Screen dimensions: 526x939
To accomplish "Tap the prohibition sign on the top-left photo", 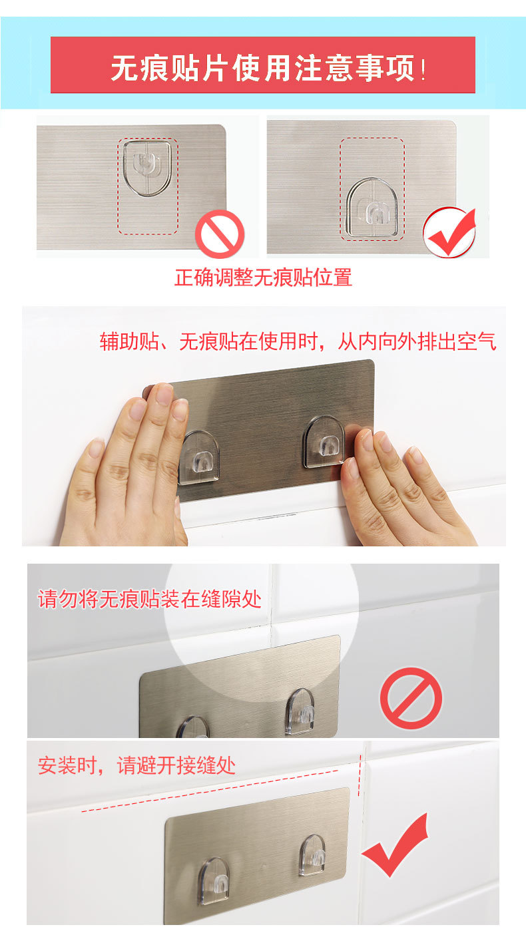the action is pos(220,234).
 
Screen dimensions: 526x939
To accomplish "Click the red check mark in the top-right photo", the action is pos(449,232).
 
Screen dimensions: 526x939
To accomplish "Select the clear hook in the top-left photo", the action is pos(146,168).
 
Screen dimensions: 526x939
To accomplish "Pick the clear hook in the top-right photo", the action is pos(372,207).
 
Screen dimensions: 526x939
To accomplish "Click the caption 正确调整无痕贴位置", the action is pos(263,278).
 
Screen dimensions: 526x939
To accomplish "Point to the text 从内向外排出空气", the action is pos(417,341).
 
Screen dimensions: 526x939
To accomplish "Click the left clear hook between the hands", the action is pos(199,457).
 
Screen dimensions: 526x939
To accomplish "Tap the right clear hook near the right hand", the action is pos(324,442).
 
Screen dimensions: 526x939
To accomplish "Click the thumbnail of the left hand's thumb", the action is pos(96,447).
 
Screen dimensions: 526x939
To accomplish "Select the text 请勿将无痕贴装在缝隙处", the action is pos(149,599).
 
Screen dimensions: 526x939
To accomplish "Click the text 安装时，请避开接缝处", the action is pos(136,765).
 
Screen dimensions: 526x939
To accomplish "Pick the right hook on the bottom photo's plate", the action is pos(312,854).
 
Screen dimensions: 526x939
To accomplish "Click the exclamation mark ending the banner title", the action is pos(423,69).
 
